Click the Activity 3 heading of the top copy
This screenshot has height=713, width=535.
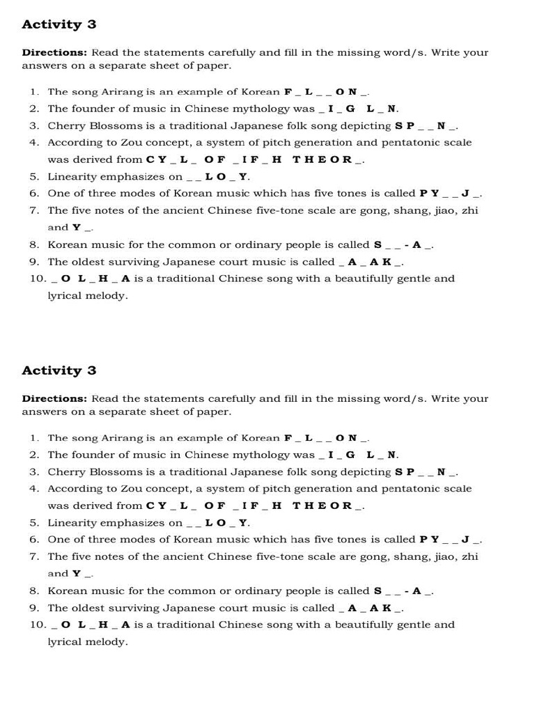59,24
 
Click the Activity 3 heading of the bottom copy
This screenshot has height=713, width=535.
59,370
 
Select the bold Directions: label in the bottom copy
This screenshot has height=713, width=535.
54,399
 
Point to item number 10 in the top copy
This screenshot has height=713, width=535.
37,279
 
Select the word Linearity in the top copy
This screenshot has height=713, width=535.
71,177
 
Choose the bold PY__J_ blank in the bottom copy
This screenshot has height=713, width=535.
450,540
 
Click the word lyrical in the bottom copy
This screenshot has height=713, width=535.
65,642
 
